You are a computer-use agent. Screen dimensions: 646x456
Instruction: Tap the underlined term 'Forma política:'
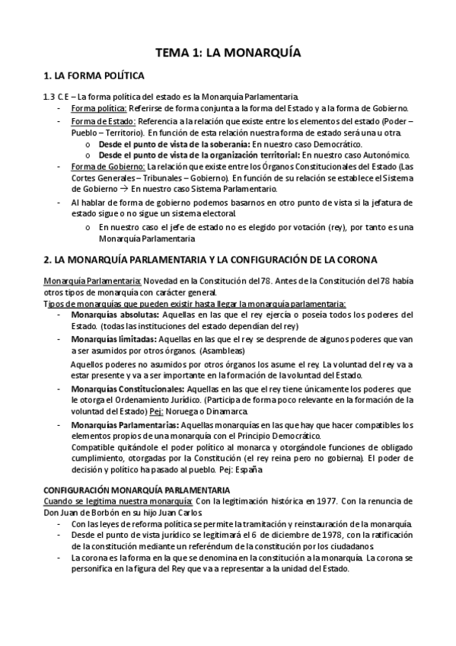(x=97, y=108)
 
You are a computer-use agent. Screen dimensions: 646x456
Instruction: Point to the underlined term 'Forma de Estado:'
(x=102, y=122)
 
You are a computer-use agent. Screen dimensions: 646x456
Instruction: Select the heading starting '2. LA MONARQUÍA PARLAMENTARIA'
(x=210, y=260)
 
